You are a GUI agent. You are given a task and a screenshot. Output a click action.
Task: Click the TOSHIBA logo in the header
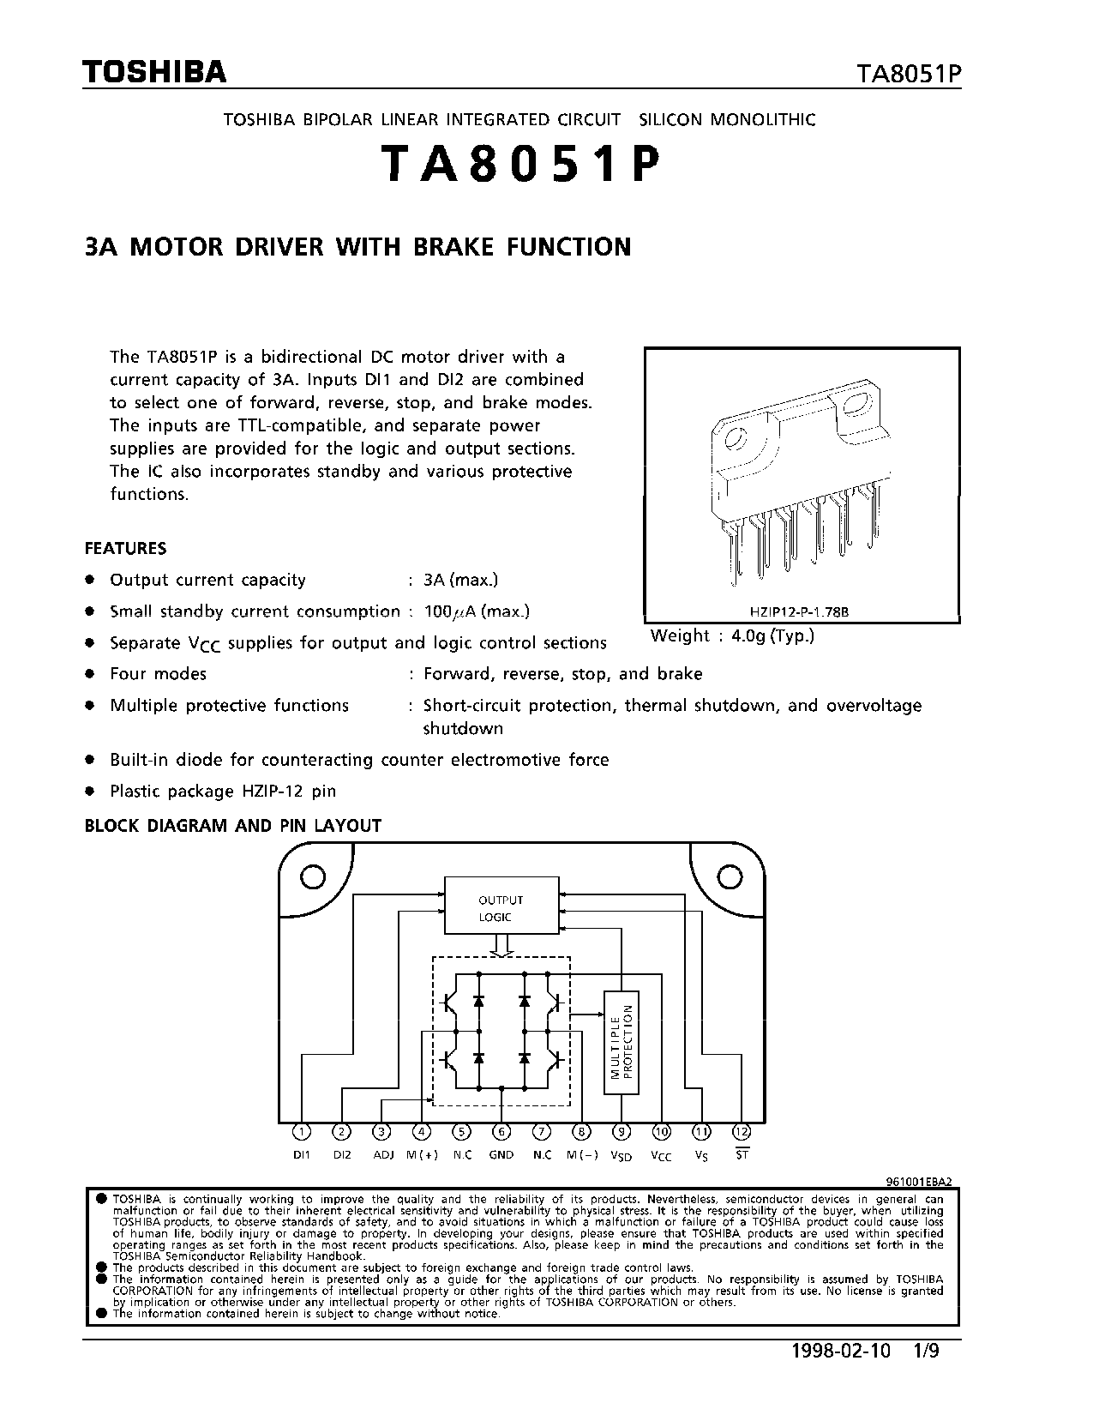point(155,72)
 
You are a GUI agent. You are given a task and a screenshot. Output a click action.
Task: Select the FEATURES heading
point(125,548)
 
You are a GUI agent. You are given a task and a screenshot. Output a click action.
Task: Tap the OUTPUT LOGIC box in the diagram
point(501,907)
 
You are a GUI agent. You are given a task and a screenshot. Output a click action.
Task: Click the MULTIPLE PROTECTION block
point(622,1042)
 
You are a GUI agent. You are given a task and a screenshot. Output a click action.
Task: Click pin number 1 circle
point(301,1132)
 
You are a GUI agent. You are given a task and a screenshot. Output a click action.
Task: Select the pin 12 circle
point(742,1132)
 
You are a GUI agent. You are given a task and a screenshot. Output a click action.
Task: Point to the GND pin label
point(501,1155)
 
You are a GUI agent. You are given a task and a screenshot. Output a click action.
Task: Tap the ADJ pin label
point(382,1155)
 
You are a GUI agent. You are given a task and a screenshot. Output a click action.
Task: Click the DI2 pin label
point(341,1155)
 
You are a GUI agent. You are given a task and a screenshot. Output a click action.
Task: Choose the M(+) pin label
point(422,1155)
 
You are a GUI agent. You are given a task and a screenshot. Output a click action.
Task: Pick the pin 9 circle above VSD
point(622,1132)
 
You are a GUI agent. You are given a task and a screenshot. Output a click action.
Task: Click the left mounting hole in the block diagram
point(312,876)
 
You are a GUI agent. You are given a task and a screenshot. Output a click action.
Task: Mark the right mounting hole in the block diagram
point(730,876)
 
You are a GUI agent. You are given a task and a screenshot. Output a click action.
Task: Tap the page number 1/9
point(927,1352)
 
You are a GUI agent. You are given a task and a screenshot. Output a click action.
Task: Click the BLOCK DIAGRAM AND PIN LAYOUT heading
point(233,826)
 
